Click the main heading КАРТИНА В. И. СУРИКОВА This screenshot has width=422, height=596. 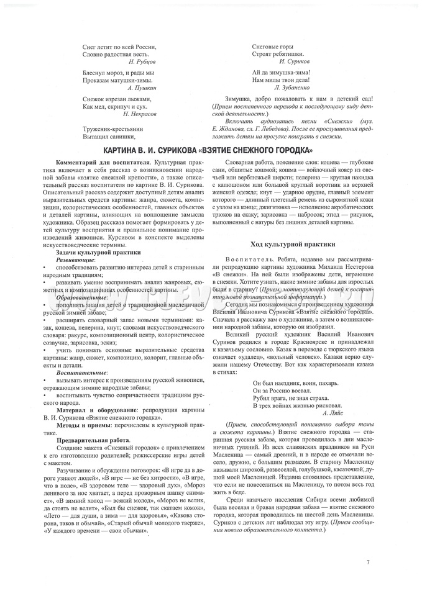tap(211, 151)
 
